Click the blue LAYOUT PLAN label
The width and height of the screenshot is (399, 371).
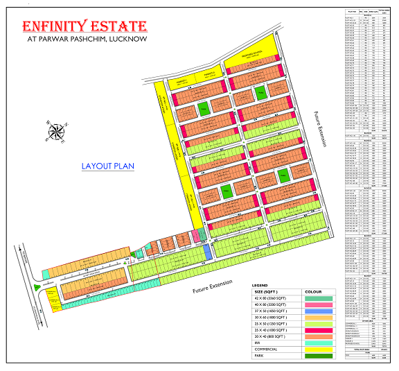click(107, 166)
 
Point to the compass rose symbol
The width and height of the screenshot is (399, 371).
click(55, 131)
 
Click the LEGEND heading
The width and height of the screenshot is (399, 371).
click(259, 285)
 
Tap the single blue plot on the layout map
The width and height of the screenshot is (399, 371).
click(208, 251)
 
